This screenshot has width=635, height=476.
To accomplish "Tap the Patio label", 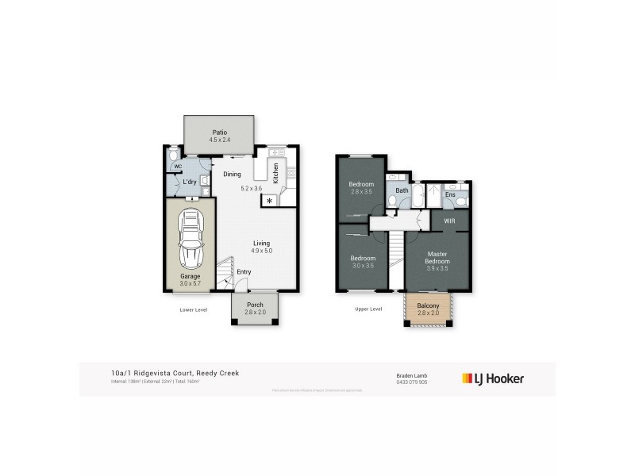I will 219,132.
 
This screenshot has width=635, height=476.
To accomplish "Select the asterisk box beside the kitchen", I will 270,202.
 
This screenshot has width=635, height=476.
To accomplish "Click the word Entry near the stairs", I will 244,272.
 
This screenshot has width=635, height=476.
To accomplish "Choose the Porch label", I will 255,304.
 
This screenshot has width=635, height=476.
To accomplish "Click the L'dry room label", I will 189,182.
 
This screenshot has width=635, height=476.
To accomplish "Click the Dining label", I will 232,175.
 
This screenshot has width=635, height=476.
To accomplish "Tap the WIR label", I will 449,221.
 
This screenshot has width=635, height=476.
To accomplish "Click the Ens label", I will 450,194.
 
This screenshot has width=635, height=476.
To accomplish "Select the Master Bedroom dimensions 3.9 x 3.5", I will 437,269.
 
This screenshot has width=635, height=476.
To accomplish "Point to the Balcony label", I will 428,305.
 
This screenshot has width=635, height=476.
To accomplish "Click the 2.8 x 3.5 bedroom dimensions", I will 361,192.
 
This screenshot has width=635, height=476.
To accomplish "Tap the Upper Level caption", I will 368,309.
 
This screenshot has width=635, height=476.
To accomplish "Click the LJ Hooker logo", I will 493,378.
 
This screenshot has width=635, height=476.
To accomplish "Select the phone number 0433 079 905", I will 411,382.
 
